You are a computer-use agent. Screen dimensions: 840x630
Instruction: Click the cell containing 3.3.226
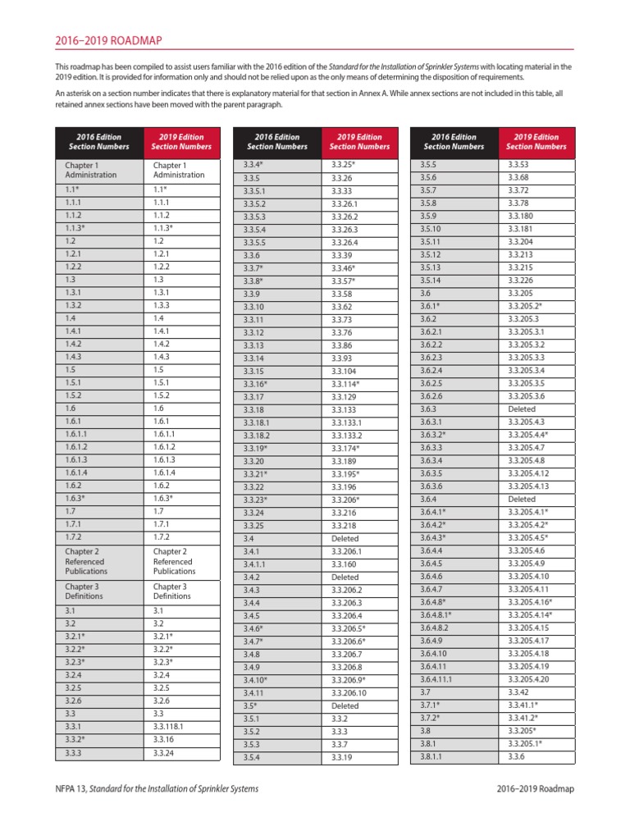(524, 280)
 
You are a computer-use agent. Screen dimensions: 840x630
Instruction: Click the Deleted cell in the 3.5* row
(345, 705)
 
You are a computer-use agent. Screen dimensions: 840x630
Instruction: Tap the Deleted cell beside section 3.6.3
(522, 409)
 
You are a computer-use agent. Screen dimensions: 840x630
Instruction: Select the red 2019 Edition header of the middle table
(359, 142)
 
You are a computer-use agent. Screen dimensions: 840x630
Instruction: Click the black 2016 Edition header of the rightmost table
(453, 142)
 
